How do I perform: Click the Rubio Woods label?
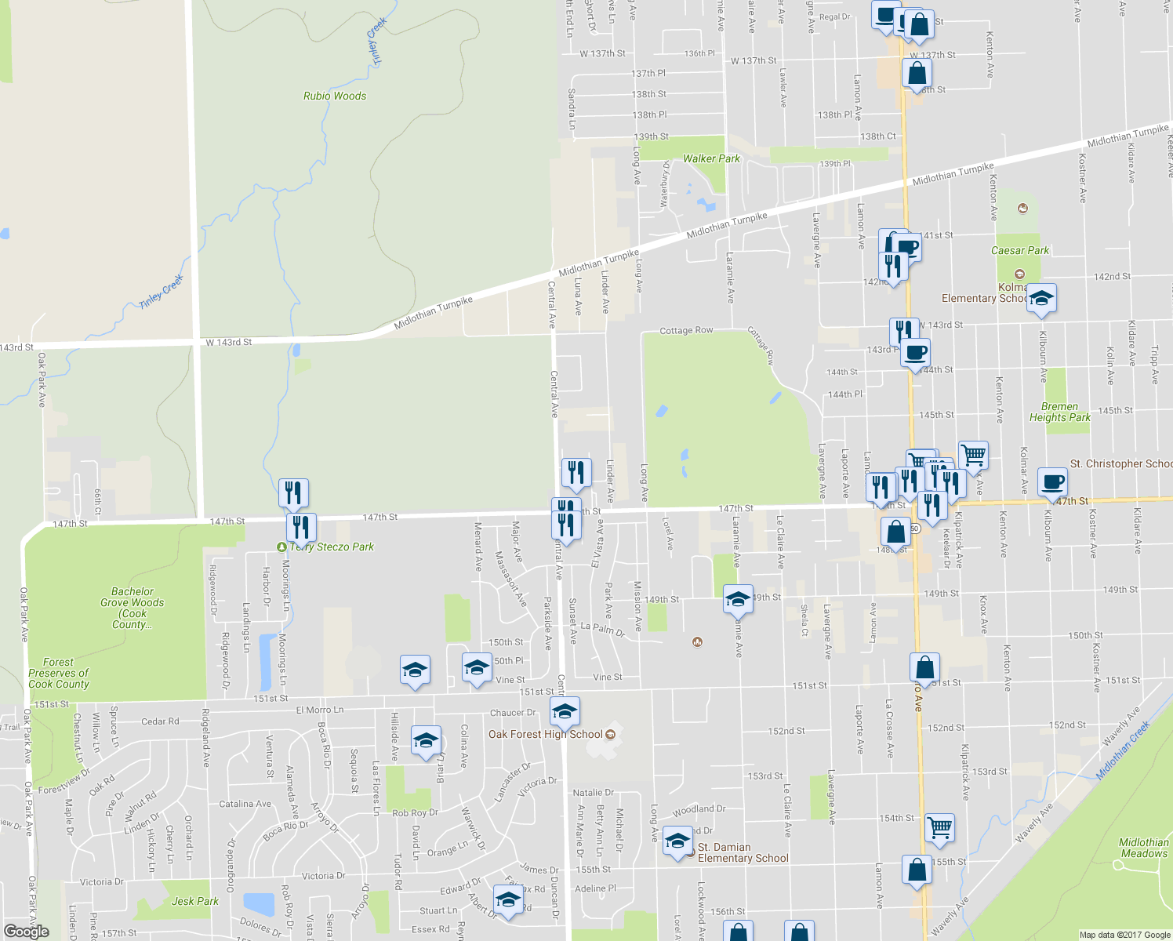[x=335, y=96]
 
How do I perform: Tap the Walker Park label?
[x=711, y=158]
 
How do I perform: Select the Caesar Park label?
[x=1019, y=250]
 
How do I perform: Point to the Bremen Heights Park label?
[x=1059, y=412]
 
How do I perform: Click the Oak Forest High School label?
[x=546, y=735]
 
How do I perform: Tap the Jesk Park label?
[x=195, y=901]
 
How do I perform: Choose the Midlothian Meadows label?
[x=1144, y=848]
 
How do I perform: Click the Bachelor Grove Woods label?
[x=132, y=608]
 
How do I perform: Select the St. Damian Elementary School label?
[x=743, y=852]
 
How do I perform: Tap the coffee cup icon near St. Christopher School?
[x=1051, y=482]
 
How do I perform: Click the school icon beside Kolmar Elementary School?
[x=1041, y=299]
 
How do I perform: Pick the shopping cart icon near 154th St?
[x=939, y=828]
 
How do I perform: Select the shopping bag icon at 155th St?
[x=917, y=870]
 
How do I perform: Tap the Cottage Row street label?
[x=686, y=331]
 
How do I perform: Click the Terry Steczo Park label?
[x=332, y=547]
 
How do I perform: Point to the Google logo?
[x=27, y=931]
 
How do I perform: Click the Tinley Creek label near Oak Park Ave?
[x=162, y=291]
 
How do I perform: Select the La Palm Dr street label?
[x=602, y=629]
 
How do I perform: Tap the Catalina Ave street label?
[x=245, y=804]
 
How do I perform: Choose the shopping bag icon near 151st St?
[x=924, y=668]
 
